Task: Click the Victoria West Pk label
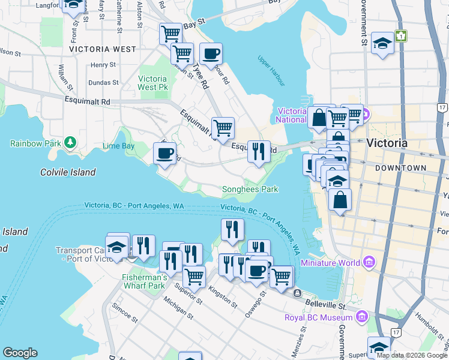(152, 83)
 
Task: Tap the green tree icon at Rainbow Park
(71, 142)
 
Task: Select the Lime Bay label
(118, 146)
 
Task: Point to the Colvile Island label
(68, 172)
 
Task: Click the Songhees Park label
(250, 189)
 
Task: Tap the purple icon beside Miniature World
(369, 262)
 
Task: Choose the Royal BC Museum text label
(318, 317)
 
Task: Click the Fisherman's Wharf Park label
(144, 281)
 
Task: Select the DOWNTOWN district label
(400, 169)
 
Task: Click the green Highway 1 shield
(401, 37)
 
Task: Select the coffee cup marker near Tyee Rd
(211, 53)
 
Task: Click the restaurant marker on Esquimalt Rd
(259, 151)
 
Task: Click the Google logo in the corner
(20, 353)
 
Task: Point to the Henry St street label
(103, 65)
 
